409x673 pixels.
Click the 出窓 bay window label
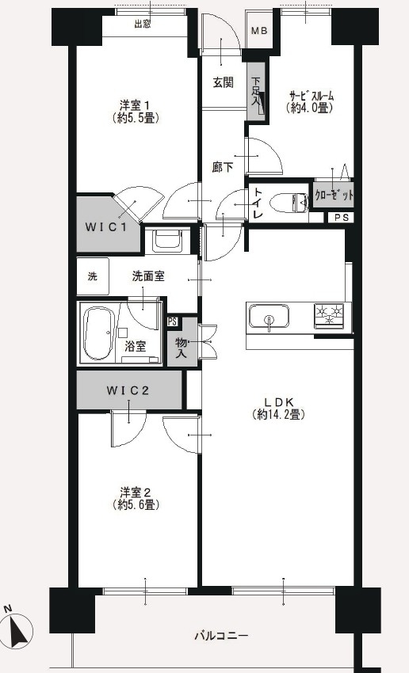click(143, 25)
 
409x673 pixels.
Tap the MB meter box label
click(259, 31)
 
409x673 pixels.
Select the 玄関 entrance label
click(223, 82)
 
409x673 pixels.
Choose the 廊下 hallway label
click(223, 167)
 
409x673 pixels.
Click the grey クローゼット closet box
click(333, 195)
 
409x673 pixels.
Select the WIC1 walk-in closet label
click(107, 227)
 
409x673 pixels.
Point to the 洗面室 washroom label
click(148, 276)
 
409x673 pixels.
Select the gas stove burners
click(331, 316)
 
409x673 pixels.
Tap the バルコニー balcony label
click(222, 636)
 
